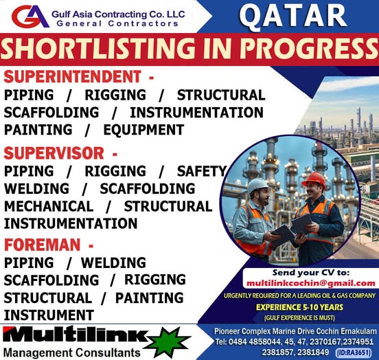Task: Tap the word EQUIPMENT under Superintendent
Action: tap(143, 129)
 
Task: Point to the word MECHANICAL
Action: tap(48, 206)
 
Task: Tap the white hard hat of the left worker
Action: tap(257, 186)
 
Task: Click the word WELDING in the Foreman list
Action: tap(113, 262)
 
